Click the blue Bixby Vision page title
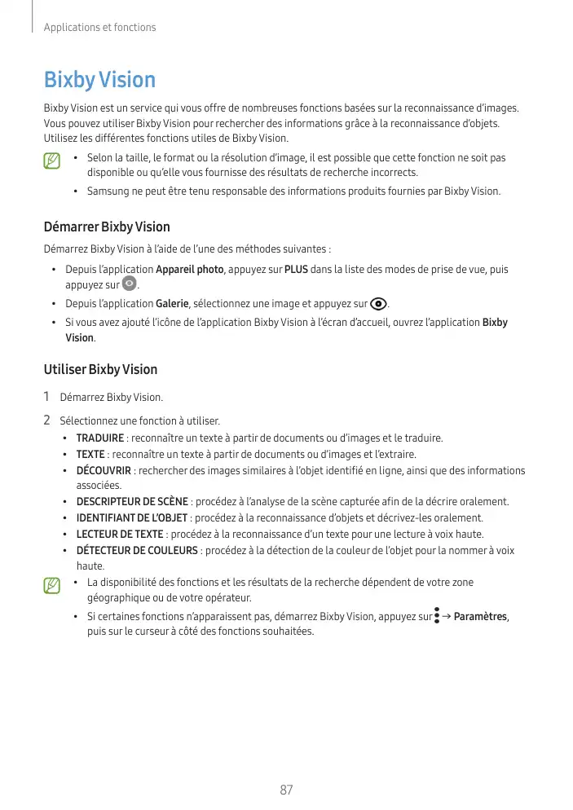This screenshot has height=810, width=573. pos(99,80)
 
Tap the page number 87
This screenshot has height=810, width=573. pos(286,790)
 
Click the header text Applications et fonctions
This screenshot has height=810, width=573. pos(99,27)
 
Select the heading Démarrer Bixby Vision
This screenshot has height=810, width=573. pos(107,227)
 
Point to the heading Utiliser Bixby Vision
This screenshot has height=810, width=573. pos(100,369)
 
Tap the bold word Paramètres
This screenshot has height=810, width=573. pos(481,616)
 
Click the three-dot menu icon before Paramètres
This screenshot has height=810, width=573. pos(438,615)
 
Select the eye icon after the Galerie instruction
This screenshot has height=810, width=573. pos(378,304)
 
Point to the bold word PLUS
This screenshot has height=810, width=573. pos(296,270)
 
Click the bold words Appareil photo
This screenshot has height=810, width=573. pos(190,270)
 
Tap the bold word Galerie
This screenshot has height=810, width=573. pos(172,304)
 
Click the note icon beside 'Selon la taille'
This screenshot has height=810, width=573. pos(53,161)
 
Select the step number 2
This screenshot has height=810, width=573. pos(47,420)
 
